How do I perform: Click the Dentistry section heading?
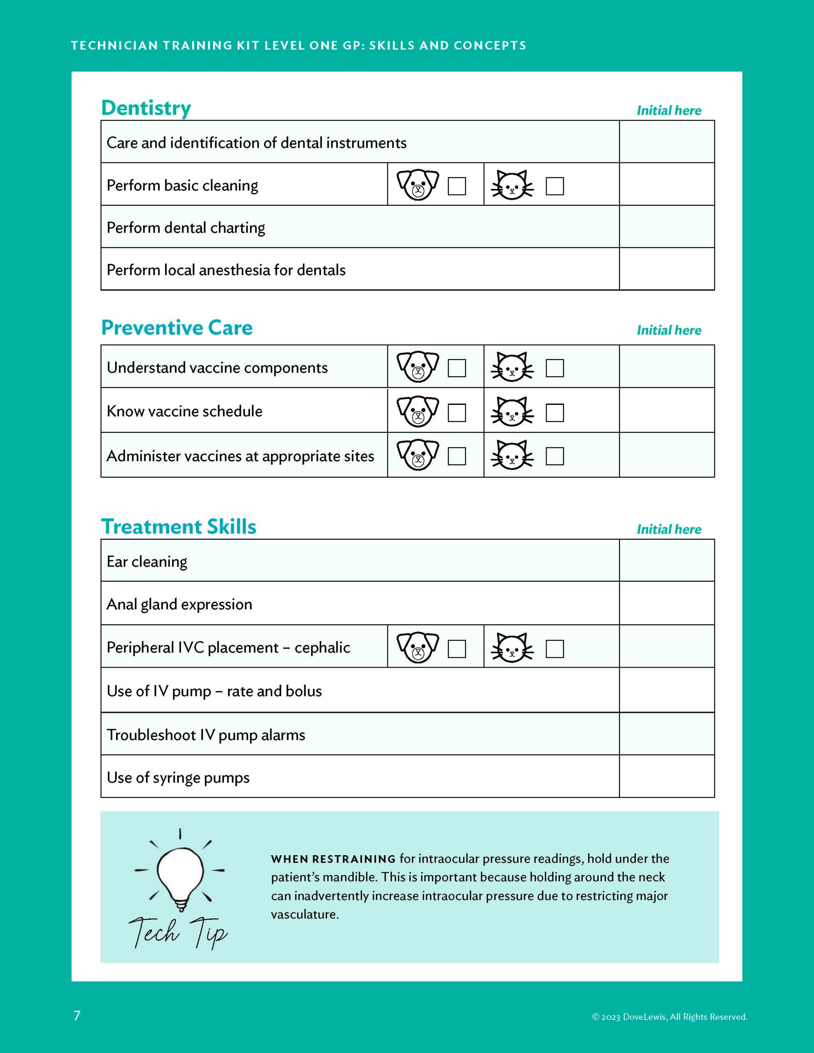(x=146, y=108)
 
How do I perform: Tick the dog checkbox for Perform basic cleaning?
(x=457, y=186)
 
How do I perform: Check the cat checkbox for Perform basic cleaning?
(x=554, y=186)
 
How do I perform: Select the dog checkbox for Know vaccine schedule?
(x=457, y=413)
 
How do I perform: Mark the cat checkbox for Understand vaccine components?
(x=554, y=369)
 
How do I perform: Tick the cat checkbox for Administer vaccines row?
(x=554, y=456)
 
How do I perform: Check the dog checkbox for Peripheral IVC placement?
(x=457, y=649)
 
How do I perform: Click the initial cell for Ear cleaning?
(x=666, y=561)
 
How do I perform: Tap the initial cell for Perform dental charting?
(x=666, y=227)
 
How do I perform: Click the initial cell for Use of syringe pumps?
(x=666, y=777)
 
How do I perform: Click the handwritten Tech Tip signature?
(x=179, y=933)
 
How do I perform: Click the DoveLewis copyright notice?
(x=669, y=1017)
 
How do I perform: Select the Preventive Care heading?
(x=176, y=328)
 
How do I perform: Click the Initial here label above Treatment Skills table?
(x=669, y=529)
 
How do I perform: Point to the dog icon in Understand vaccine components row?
(x=417, y=367)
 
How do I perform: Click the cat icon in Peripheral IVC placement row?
(x=512, y=647)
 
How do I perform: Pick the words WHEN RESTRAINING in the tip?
(x=333, y=859)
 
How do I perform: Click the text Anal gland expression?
(x=179, y=604)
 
